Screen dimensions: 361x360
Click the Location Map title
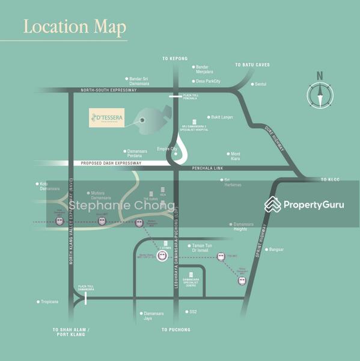(x=75, y=27)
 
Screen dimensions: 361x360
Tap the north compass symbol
(x=320, y=94)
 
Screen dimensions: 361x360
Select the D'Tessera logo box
(x=107, y=117)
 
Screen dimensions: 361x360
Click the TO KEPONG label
(x=175, y=59)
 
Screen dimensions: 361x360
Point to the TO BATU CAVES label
(x=252, y=65)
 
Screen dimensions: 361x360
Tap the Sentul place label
(x=260, y=84)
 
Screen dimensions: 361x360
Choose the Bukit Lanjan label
(x=222, y=117)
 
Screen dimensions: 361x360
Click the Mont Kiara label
(x=235, y=156)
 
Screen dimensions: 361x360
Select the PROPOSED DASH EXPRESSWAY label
(x=111, y=163)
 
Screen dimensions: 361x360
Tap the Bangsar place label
(x=276, y=249)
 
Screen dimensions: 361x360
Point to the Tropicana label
(x=49, y=302)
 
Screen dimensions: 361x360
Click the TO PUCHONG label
(x=176, y=330)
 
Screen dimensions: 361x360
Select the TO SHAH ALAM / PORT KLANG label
(x=71, y=333)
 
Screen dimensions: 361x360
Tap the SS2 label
(x=193, y=312)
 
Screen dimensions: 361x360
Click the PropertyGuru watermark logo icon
(x=273, y=205)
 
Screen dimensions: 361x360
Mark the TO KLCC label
(x=330, y=179)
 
